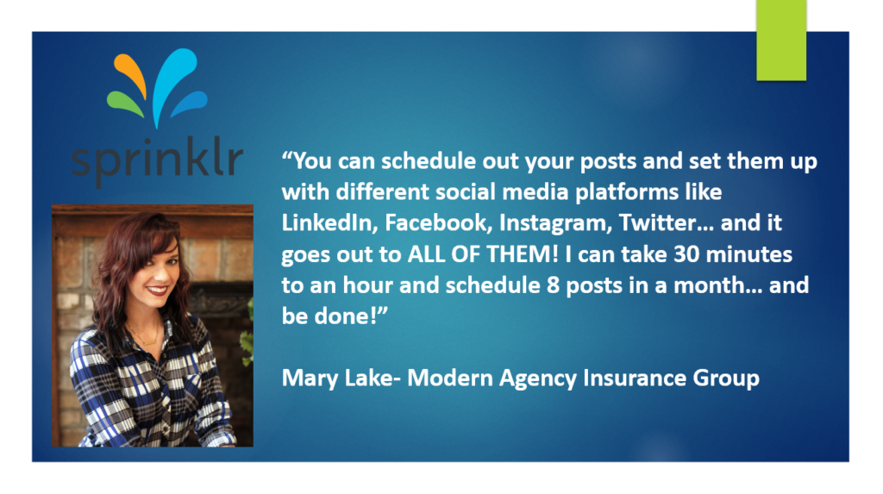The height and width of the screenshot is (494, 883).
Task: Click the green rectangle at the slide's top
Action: pos(780,40)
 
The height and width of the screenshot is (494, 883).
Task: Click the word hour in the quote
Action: pos(354,285)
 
